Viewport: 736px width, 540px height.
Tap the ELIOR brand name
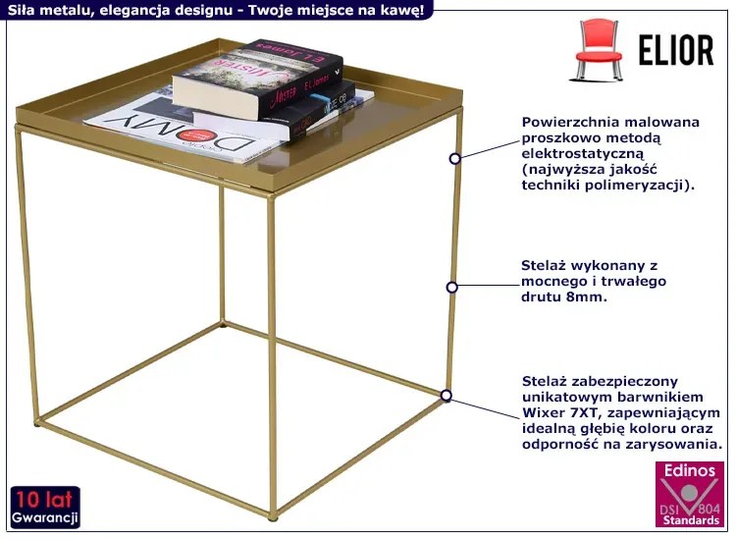pyautogui.click(x=676, y=50)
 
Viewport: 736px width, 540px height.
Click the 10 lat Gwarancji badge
pyautogui.click(x=44, y=508)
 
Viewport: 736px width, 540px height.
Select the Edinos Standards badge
pyautogui.click(x=691, y=495)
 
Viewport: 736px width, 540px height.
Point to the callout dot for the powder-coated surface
pyautogui.click(x=454, y=159)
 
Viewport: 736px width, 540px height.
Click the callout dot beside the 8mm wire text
pyautogui.click(x=452, y=287)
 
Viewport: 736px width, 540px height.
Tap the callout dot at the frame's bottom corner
pyautogui.click(x=447, y=396)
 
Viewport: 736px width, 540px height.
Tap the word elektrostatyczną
pyautogui.click(x=583, y=153)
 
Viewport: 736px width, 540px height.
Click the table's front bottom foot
pyautogui.click(x=273, y=517)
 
